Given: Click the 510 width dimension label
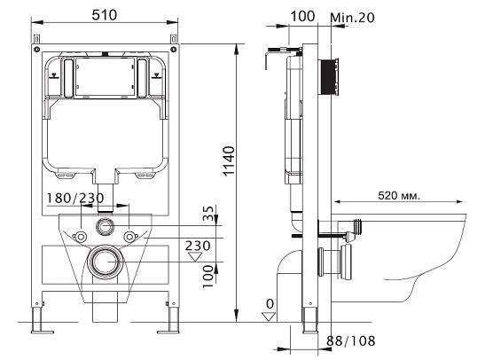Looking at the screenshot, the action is [105, 15].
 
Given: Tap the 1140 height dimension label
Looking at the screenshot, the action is [229, 161].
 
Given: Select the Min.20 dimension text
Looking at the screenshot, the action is [352, 18].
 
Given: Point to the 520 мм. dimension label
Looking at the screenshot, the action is [399, 196].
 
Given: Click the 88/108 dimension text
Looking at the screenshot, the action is [351, 340].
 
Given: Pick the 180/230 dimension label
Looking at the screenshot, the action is [75, 198].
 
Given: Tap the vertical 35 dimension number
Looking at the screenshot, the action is [208, 213].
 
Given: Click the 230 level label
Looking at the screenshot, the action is [198, 246].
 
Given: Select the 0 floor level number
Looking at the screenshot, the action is [270, 304].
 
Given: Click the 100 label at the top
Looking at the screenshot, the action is [302, 16].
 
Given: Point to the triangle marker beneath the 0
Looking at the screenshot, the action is [269, 317].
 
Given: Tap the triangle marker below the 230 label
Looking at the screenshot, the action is [195, 257].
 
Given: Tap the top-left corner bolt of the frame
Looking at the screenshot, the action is [37, 49].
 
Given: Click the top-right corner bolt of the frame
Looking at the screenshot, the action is [174, 49].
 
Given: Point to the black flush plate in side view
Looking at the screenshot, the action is [328, 76].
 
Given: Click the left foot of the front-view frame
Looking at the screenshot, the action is [38, 320].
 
